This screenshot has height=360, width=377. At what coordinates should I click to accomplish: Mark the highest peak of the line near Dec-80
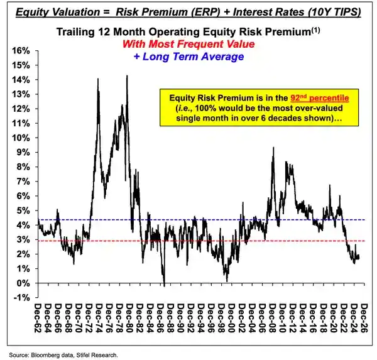click(x=128, y=76)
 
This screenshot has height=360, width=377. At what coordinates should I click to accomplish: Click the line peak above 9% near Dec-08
click(x=273, y=148)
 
